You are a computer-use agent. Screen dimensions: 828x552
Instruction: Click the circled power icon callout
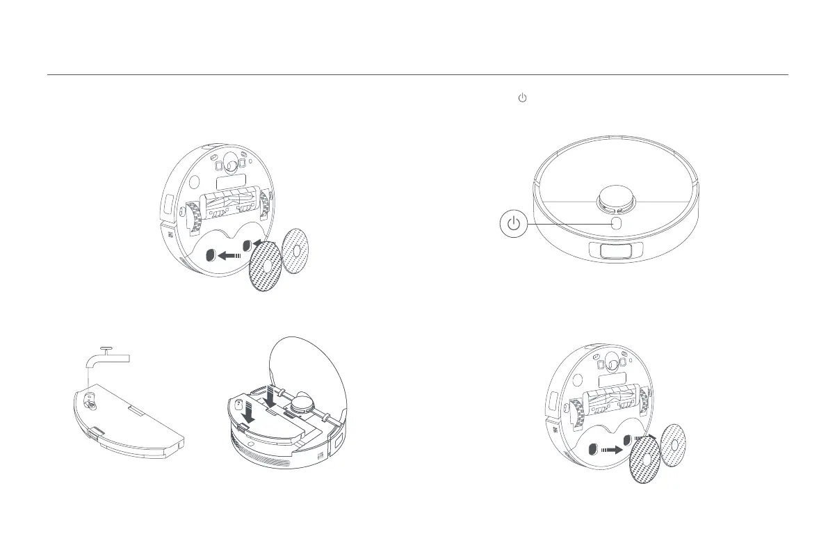point(513,224)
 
